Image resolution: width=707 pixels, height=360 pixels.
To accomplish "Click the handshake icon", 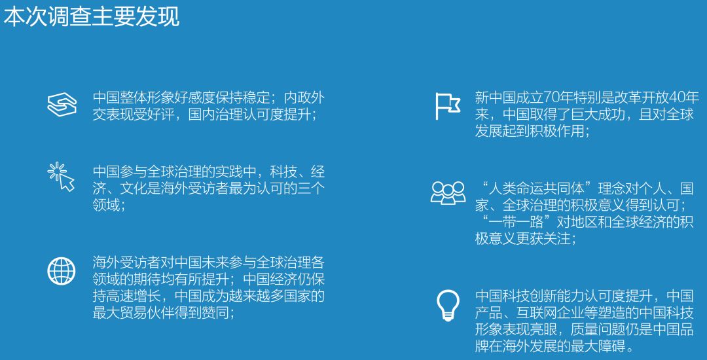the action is (x=62, y=105).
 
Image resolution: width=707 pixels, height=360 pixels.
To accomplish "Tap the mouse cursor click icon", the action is (x=61, y=177).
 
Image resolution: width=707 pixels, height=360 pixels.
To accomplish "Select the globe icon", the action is (x=62, y=270).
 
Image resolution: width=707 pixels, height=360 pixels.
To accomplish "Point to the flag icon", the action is (x=447, y=106).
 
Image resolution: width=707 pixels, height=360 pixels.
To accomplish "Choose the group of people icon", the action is (x=448, y=193).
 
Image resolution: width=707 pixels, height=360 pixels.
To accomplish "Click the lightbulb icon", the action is (x=448, y=306).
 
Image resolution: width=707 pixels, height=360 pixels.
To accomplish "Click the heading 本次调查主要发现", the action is (x=91, y=18).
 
